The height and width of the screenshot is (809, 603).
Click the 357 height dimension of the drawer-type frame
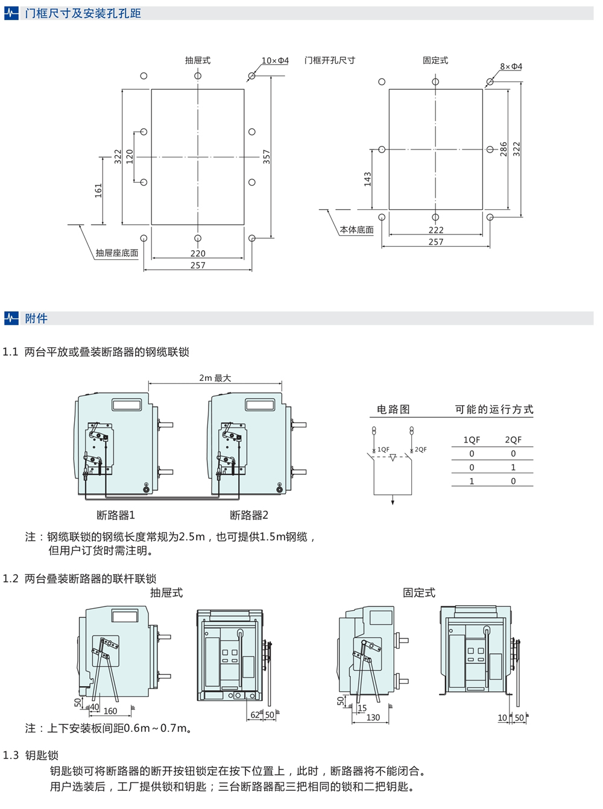(x=267, y=157)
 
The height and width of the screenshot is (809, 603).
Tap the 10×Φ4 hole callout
(x=275, y=61)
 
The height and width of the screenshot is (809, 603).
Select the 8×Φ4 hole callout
(x=511, y=67)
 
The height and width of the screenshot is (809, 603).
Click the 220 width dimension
(x=198, y=254)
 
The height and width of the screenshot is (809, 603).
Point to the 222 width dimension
(x=436, y=230)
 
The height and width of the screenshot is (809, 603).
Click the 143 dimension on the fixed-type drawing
(x=368, y=179)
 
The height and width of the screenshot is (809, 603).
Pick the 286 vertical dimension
(x=504, y=150)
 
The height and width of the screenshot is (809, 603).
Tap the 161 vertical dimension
(x=99, y=190)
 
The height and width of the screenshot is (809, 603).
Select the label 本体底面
(x=356, y=230)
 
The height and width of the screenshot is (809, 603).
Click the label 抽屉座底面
(x=117, y=253)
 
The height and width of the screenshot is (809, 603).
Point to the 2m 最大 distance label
(x=215, y=378)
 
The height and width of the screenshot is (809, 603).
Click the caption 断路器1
(x=116, y=515)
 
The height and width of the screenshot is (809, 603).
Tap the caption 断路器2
(x=249, y=515)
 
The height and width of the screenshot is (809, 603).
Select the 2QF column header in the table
(x=513, y=440)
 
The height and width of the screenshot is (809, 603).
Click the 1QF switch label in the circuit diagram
(x=384, y=450)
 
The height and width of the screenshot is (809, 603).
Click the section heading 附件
(x=36, y=318)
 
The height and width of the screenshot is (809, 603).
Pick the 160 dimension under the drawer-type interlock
(x=110, y=711)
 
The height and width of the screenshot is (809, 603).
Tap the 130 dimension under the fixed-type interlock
(x=373, y=717)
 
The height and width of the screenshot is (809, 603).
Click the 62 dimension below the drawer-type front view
(x=255, y=715)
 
